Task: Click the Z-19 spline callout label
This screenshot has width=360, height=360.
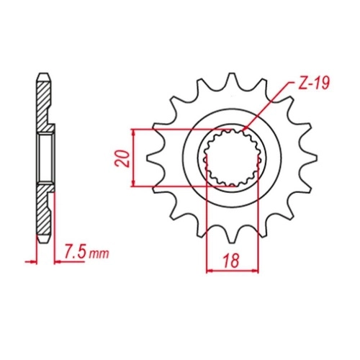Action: click(312, 83)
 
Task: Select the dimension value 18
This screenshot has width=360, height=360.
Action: click(232, 261)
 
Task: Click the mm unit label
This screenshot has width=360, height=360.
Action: click(99, 254)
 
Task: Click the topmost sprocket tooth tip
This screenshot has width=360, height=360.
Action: click(231, 73)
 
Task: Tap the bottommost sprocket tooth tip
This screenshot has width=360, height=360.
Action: click(231, 243)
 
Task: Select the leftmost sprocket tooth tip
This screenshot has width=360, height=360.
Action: click(148, 158)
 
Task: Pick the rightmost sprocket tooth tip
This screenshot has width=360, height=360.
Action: click(316, 158)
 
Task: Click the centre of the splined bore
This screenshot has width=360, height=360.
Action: click(232, 158)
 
